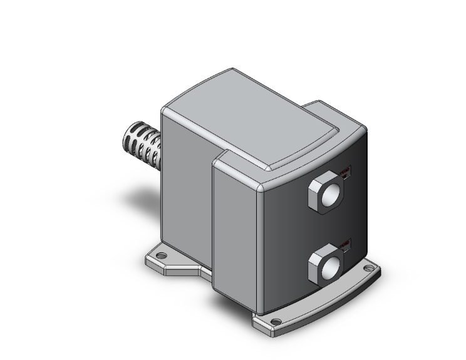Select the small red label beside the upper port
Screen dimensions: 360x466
pyautogui.click(x=346, y=171)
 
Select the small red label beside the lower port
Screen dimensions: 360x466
pyautogui.click(x=346, y=244)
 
